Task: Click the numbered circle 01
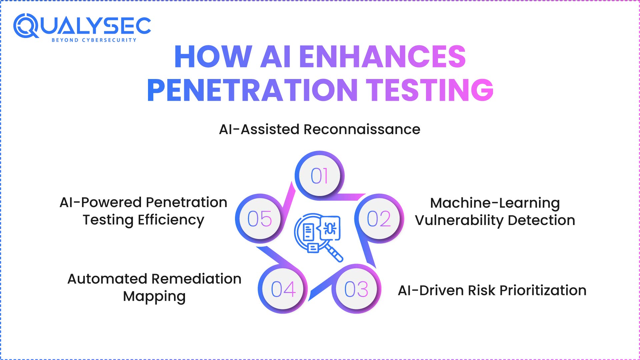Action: coord(319,176)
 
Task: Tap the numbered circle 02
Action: coord(379,219)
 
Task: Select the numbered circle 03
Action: coord(356,289)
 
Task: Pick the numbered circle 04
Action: coord(283,289)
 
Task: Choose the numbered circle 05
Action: coord(260,219)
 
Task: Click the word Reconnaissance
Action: coord(362,129)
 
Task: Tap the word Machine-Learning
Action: coord(495,203)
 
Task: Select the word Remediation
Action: coord(198,279)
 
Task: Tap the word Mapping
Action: coord(154,296)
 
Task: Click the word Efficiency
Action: coord(171,220)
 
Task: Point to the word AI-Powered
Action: coord(101,202)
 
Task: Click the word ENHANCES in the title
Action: coord(382,57)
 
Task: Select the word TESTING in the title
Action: coord(430,90)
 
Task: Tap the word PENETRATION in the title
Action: coord(252,90)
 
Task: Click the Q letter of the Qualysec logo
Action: coord(26,26)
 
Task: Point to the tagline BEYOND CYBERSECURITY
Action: coord(94,40)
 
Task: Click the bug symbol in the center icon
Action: coord(330,229)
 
